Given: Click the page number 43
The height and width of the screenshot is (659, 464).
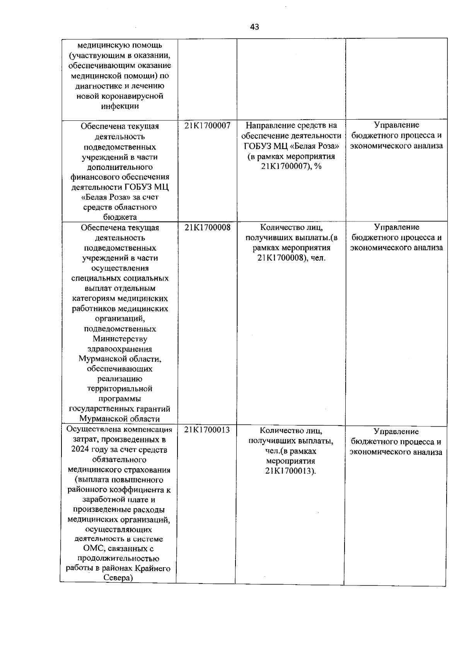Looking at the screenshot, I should [x=254, y=27].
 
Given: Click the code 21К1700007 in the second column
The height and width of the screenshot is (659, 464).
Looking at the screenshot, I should [x=207, y=125].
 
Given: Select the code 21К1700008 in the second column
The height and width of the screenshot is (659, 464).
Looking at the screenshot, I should [x=207, y=227].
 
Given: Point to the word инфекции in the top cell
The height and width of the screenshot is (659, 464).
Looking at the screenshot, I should [x=120, y=106].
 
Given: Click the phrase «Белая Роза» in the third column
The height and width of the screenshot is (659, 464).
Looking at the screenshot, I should [x=318, y=146].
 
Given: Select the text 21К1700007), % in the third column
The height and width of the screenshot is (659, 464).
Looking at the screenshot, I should [x=292, y=166].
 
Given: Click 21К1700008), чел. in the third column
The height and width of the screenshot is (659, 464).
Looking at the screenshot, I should [x=292, y=258].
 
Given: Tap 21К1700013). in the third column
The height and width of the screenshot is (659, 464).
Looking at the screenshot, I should [x=291, y=471].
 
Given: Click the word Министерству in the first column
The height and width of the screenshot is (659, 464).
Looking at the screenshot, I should [x=120, y=339].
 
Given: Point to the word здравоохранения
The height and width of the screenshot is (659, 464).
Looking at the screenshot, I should [x=120, y=349].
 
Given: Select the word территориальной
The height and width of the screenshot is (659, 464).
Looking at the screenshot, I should [x=120, y=389].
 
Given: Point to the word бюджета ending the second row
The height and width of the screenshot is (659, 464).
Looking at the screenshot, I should [x=120, y=217].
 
